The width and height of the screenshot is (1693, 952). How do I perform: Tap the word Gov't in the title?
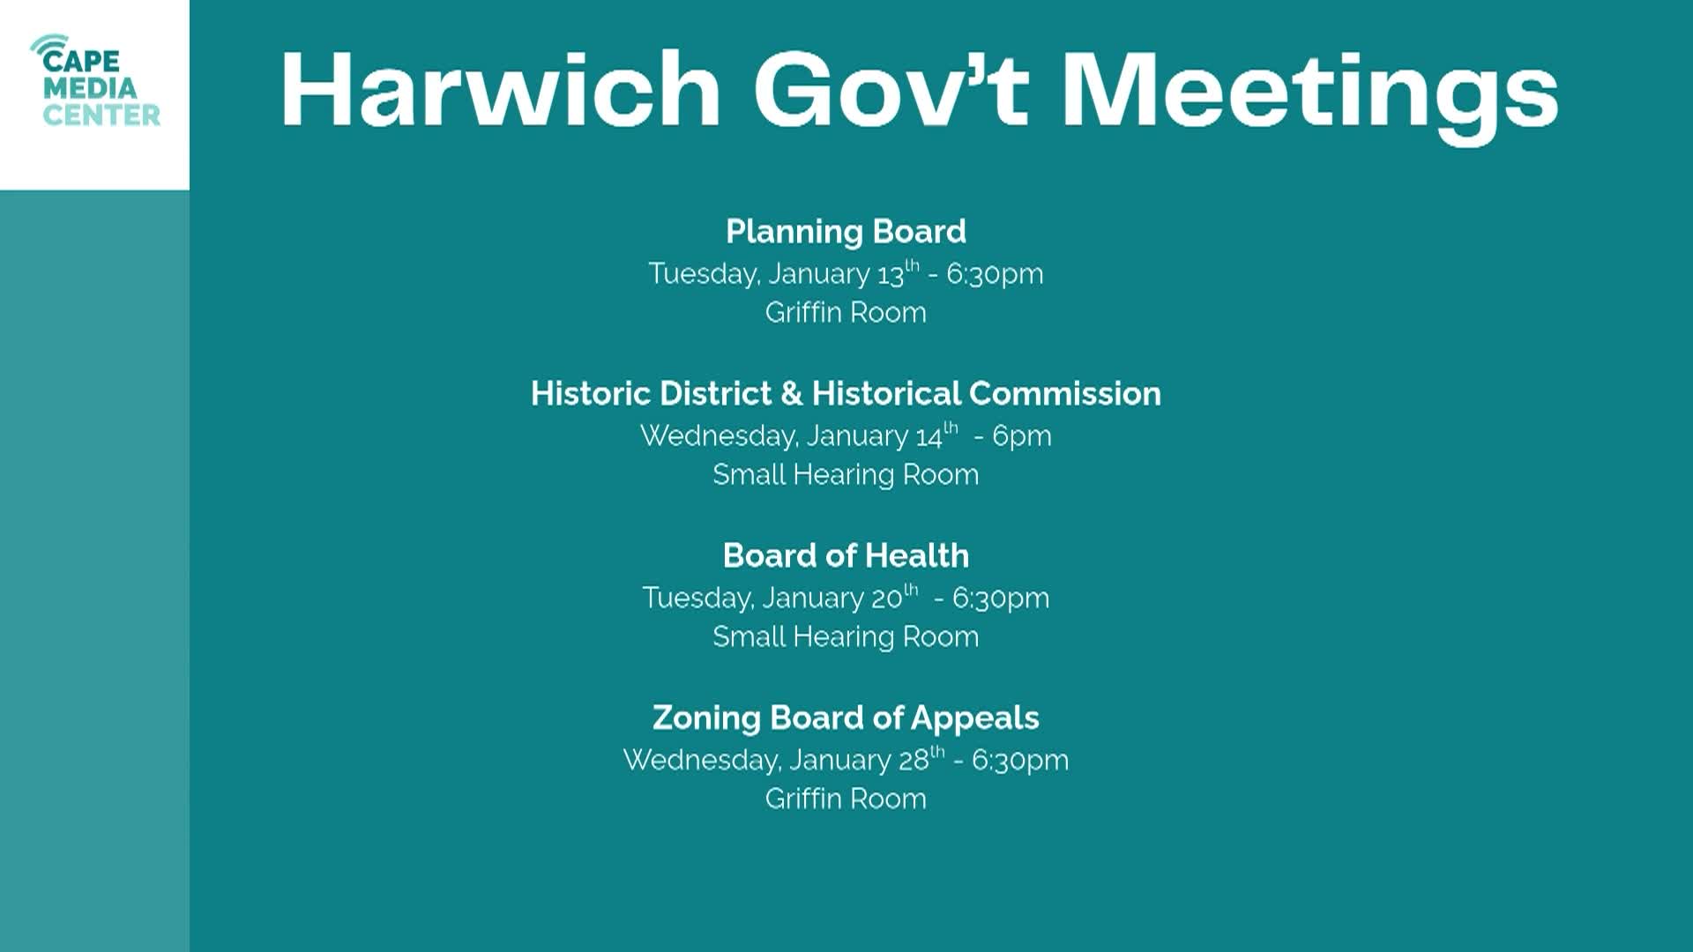[891, 90]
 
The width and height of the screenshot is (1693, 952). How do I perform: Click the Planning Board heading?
[846, 231]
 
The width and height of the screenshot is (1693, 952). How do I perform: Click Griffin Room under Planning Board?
[846, 312]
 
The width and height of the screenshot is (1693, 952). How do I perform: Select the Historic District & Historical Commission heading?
[846, 393]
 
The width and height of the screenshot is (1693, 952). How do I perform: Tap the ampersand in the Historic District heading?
[791, 393]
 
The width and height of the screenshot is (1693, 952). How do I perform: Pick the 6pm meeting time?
[1022, 435]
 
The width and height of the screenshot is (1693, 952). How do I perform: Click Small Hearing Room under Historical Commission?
[846, 474]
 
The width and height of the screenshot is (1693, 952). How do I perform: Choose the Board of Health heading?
[846, 555]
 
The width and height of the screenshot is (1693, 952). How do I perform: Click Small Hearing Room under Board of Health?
[846, 636]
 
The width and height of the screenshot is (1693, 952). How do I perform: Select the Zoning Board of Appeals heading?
[846, 718]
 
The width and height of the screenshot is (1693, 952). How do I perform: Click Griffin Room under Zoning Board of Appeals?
[846, 799]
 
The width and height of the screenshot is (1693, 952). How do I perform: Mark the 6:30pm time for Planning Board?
[995, 273]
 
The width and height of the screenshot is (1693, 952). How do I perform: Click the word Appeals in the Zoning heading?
[974, 718]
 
